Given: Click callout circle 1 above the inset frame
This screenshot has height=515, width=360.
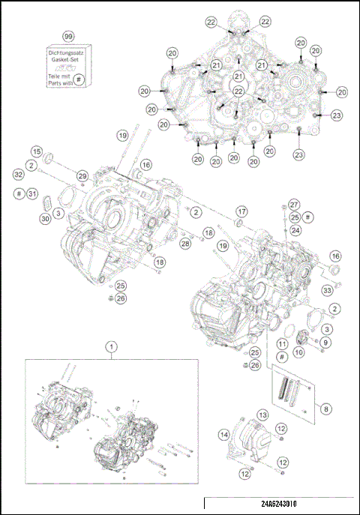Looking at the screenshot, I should (112, 346).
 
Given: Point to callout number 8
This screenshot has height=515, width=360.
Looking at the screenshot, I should (325, 408).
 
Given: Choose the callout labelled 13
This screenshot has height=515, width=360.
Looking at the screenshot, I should (262, 414).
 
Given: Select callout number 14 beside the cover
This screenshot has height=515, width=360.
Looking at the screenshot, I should (223, 434).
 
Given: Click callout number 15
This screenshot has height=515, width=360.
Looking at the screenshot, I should (36, 151).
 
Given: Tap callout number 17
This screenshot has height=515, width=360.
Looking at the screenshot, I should (241, 211).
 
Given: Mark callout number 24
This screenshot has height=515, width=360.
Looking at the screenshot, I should (296, 231).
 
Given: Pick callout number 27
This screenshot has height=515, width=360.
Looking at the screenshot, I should (295, 203).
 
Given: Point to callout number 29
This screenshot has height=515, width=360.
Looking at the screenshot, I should (82, 175).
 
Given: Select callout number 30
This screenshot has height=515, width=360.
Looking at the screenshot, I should (45, 218).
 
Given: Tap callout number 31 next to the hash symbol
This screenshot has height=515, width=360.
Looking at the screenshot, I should (31, 194).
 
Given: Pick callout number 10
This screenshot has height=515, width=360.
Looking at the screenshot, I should (298, 351).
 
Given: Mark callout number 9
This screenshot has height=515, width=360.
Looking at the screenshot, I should (325, 343).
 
